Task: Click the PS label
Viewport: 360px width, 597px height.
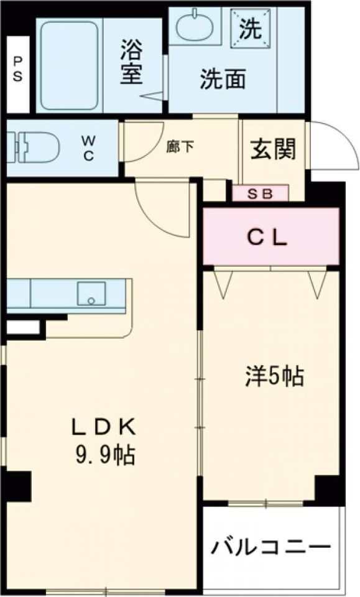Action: (17, 68)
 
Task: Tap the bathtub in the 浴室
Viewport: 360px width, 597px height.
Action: (68, 65)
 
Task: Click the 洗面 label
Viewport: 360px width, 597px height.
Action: (222, 79)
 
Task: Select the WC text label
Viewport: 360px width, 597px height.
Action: (88, 149)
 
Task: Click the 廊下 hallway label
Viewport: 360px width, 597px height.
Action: (180, 147)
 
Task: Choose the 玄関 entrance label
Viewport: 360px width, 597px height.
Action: (272, 149)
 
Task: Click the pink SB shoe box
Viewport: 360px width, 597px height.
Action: (261, 193)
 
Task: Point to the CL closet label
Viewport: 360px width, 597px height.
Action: (269, 237)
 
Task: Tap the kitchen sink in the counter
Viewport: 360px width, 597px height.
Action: (91, 293)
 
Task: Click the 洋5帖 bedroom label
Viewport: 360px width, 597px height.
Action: (273, 376)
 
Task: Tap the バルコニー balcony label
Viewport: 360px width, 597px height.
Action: (270, 547)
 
